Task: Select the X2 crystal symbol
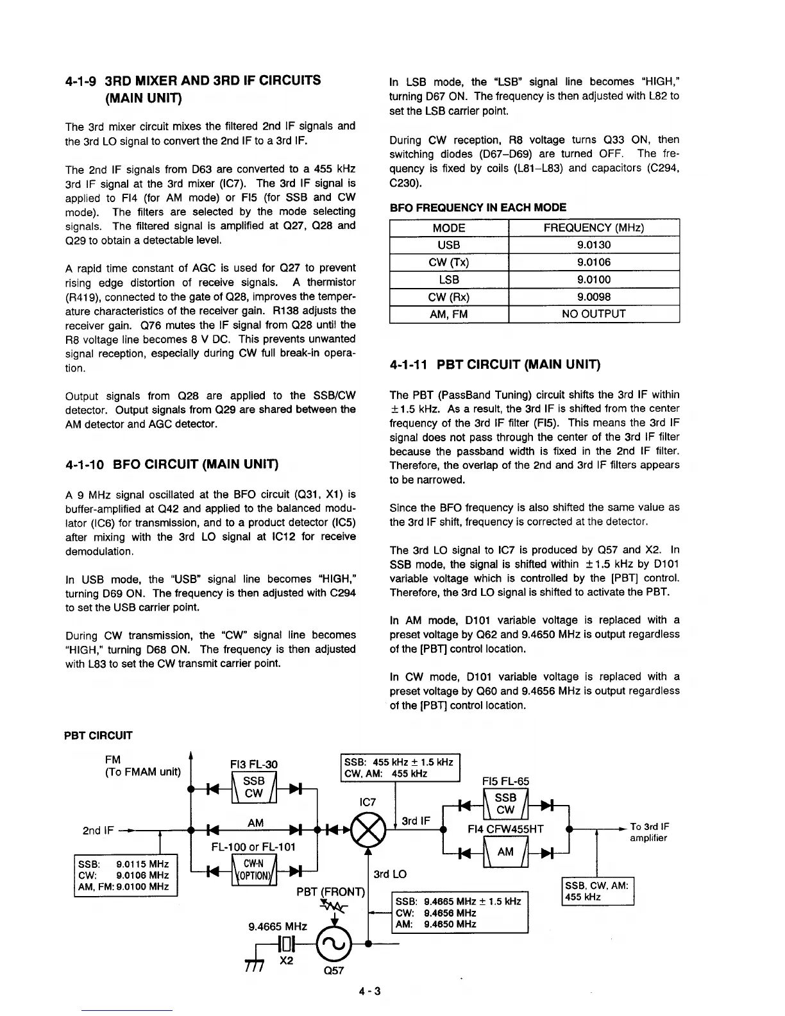(x=287, y=944)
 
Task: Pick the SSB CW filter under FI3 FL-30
(x=254, y=787)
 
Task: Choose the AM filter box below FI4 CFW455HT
(x=505, y=852)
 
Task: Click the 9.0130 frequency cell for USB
(x=593, y=245)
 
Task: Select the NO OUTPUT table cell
(x=593, y=314)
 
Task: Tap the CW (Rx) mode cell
(x=449, y=297)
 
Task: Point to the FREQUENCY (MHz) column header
(x=593, y=228)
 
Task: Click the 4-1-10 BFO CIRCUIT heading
(x=171, y=464)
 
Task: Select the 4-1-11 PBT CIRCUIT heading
(x=494, y=365)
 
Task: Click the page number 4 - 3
(x=369, y=992)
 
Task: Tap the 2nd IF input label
(x=99, y=831)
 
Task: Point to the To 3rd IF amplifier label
(x=649, y=833)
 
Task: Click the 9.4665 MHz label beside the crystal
(x=277, y=926)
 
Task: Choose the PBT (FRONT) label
(x=330, y=892)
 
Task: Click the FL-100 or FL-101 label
(x=253, y=847)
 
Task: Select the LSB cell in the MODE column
(x=449, y=280)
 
